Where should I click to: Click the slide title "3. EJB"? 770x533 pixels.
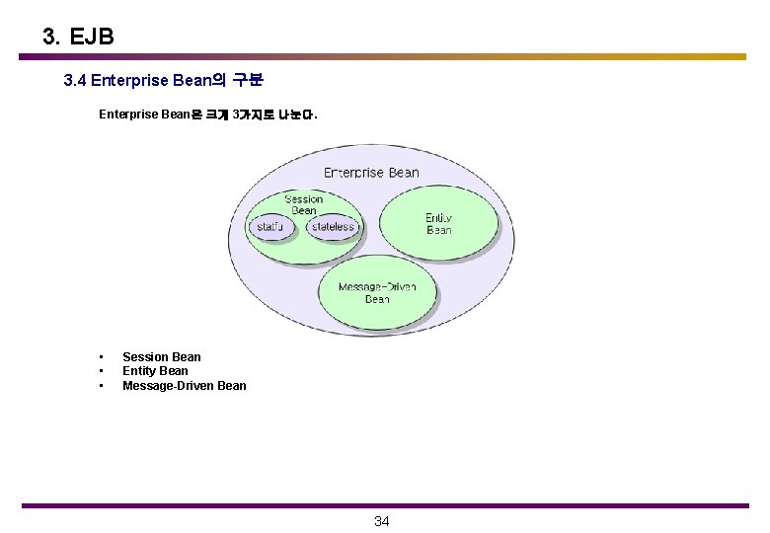(x=78, y=38)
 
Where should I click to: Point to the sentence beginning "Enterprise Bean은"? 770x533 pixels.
(x=207, y=115)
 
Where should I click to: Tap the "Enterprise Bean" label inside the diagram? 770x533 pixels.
(x=371, y=172)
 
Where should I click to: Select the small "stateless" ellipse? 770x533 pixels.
(x=332, y=227)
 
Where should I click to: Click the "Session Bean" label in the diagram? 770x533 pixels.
(x=303, y=204)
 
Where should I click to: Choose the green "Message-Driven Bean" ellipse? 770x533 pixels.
(x=377, y=293)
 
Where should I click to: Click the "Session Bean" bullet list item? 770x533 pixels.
(x=161, y=357)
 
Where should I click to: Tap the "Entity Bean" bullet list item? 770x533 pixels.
(x=155, y=371)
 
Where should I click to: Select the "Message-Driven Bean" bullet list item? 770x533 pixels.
(x=184, y=386)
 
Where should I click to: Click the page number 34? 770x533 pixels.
(x=382, y=521)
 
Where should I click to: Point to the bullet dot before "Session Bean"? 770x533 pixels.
(x=101, y=357)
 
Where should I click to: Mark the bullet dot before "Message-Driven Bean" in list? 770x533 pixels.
(x=101, y=386)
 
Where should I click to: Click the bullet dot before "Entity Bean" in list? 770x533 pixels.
(x=101, y=371)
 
